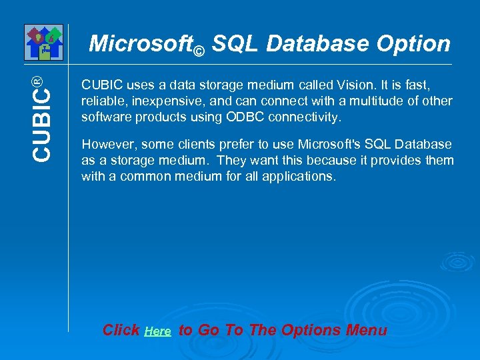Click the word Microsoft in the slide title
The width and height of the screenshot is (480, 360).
pyautogui.click(x=140, y=44)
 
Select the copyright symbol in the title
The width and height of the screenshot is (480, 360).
pyautogui.click(x=199, y=50)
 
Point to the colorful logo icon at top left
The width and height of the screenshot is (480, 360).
pyautogui.click(x=43, y=42)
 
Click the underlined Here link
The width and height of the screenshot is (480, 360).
pyautogui.click(x=157, y=331)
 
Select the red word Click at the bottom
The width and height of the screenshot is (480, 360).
pyautogui.click(x=121, y=330)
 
